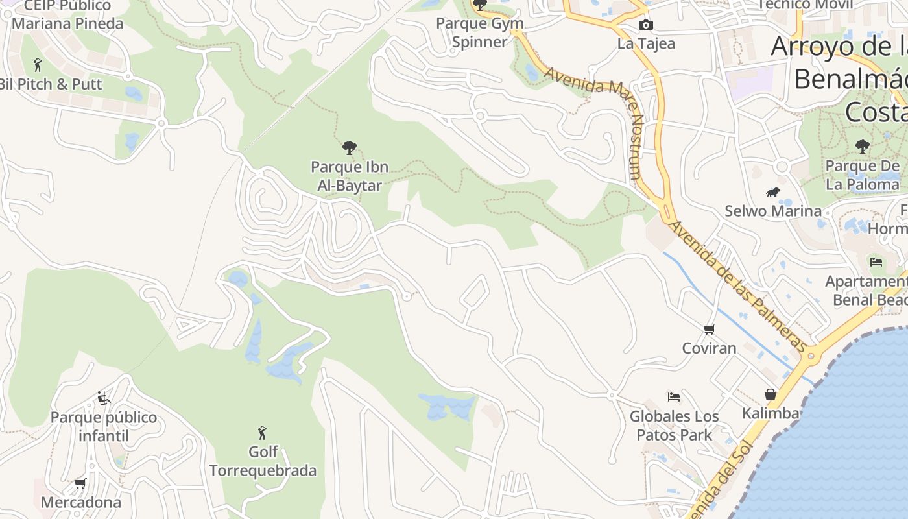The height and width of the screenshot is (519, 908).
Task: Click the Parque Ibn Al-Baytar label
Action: (350, 176)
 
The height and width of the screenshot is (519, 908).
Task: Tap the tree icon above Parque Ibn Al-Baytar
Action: (350, 148)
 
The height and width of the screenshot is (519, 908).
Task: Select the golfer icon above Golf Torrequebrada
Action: (262, 432)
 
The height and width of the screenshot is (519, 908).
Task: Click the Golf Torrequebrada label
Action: (263, 461)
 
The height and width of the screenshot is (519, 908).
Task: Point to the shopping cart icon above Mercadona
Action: (80, 483)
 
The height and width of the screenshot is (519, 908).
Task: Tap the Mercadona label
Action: (81, 502)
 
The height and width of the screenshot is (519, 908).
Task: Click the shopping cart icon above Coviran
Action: (710, 330)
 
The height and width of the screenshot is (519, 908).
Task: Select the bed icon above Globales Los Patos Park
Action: (674, 396)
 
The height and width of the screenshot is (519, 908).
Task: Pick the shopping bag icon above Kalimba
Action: (771, 394)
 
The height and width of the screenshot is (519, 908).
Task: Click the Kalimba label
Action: (771, 413)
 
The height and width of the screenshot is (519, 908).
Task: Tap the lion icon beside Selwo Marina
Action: (772, 192)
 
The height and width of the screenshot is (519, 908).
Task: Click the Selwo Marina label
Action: (773, 211)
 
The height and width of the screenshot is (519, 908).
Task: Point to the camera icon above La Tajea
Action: (646, 25)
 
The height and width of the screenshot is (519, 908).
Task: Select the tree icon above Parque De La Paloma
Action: (862, 147)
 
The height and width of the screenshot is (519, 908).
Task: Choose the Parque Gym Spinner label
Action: (479, 32)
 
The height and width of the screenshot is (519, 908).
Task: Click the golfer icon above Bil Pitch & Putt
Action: (38, 65)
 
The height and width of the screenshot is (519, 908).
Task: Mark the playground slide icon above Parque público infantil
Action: (103, 398)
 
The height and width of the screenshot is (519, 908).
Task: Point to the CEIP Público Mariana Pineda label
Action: (67, 15)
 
